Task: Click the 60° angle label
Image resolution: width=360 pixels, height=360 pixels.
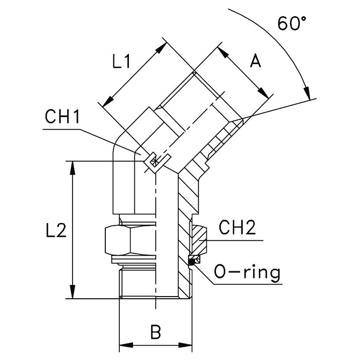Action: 292,23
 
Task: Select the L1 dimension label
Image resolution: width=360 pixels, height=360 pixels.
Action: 121,62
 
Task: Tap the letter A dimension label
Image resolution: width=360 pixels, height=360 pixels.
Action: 256,61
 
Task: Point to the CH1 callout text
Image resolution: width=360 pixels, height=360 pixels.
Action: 62,116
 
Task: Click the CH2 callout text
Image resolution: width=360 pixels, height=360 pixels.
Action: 237,227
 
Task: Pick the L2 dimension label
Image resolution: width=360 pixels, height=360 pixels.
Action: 56,230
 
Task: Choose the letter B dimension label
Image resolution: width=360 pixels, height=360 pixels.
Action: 156,332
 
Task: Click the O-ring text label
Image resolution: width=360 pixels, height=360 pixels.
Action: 247,272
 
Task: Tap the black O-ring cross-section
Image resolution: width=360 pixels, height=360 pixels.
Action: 191,262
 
